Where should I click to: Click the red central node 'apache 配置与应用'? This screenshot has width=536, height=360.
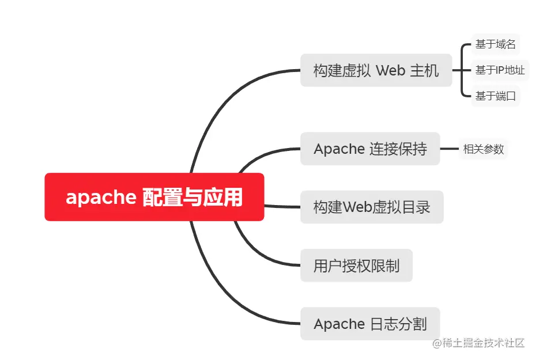pos(154,197)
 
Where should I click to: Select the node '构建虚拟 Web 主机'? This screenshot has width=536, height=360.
pos(376,70)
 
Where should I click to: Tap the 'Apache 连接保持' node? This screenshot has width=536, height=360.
pos(370,149)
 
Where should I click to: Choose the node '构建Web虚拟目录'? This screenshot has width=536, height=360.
pos(372,207)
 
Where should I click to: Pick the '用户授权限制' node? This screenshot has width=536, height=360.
pos(356,266)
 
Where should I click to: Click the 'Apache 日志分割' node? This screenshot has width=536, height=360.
pos(370,324)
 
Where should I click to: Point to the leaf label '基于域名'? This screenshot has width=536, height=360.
pos(495,44)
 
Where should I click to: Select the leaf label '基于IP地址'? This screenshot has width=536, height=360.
pos(500,70)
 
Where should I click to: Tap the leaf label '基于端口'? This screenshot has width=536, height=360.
pos(495,96)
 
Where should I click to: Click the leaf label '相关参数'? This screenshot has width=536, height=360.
pos(484,149)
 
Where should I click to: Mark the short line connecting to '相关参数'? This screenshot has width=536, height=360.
pos(449,149)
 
